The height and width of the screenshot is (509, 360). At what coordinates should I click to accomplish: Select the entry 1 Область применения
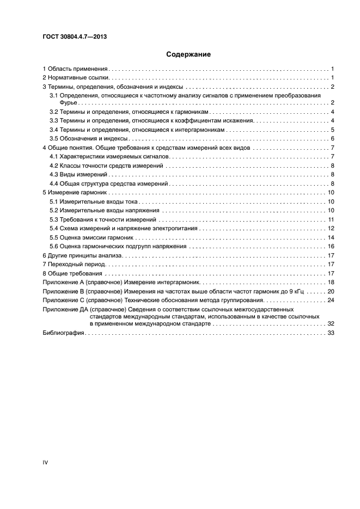76,69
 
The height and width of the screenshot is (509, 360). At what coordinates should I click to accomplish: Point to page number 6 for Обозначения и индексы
332,138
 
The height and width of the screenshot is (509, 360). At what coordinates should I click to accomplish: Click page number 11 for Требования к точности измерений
331,219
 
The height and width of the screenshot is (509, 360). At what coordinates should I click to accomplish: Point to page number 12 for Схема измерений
331,228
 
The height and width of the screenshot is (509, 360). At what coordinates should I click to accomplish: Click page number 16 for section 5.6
331,246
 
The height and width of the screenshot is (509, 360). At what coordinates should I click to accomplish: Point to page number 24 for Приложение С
331,299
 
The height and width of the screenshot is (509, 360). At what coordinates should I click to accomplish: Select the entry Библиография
63,333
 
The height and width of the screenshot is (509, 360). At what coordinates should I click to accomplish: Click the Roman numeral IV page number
46,462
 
